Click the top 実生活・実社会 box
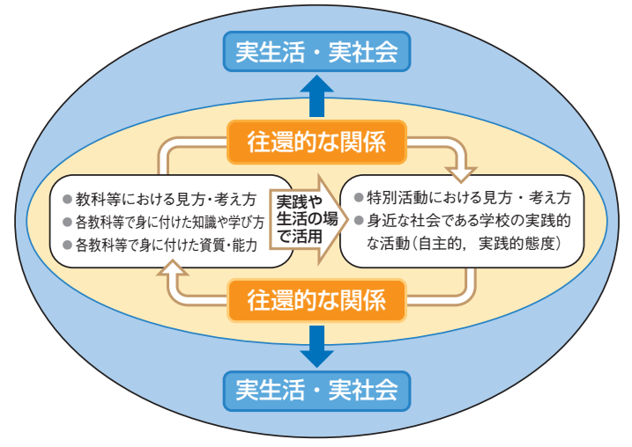point(316,52)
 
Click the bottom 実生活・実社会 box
point(316,391)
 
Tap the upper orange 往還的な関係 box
point(316,142)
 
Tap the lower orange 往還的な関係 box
point(316,300)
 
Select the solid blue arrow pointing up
point(316,97)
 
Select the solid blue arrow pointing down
point(316,346)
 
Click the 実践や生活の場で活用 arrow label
point(307,220)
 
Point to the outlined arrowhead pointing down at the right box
point(462,174)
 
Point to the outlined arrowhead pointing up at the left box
point(173,268)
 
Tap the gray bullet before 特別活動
point(359,198)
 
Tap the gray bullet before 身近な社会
point(359,221)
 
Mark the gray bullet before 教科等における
point(67,199)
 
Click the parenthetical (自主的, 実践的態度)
point(486,244)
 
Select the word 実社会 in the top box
point(363,52)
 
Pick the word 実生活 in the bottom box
point(270,391)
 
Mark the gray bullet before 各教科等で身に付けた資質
point(67,245)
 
